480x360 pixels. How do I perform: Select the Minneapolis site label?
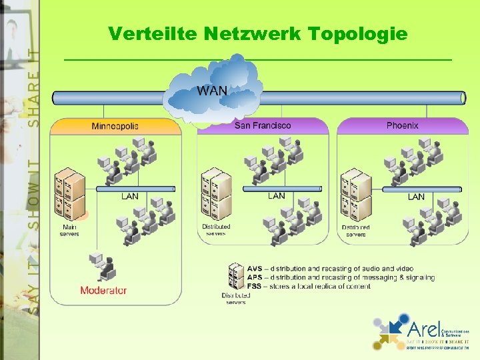pyautogui.click(x=115, y=125)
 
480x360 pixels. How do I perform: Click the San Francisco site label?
pyautogui.click(x=263, y=125)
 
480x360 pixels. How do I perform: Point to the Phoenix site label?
pyautogui.click(x=402, y=125)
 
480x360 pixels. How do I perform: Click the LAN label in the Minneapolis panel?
pyautogui.click(x=130, y=197)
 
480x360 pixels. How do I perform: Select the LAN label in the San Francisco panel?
pyautogui.click(x=276, y=196)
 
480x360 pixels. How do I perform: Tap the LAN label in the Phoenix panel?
pyautogui.click(x=416, y=197)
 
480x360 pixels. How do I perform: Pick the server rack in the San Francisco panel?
pyautogui.click(x=215, y=193)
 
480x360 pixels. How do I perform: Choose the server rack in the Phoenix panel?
pyautogui.click(x=355, y=194)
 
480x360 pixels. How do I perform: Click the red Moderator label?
pyautogui.click(x=103, y=291)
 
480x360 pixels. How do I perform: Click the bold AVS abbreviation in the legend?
pyautogui.click(x=255, y=269)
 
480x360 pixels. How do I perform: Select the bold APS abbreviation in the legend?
pyautogui.click(x=255, y=277)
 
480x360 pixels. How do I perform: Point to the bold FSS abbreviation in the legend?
pyautogui.click(x=255, y=286)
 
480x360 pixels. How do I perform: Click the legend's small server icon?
pyautogui.click(x=236, y=277)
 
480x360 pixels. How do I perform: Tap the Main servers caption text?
pyautogui.click(x=69, y=231)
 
